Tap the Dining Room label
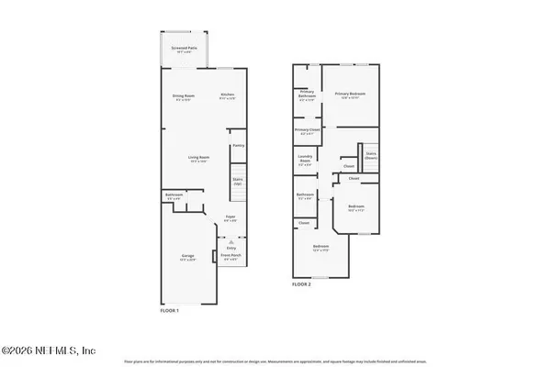click(x=185, y=96)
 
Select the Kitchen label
click(x=228, y=96)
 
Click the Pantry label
click(x=238, y=145)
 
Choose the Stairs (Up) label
click(x=237, y=181)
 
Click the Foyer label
click(x=231, y=217)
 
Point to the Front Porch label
click(x=231, y=258)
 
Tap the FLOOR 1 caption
click(x=170, y=310)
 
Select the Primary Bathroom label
click(x=307, y=95)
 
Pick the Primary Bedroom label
click(x=351, y=95)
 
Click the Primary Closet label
click(x=307, y=131)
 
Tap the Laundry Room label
click(x=306, y=159)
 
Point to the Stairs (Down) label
click(x=372, y=156)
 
